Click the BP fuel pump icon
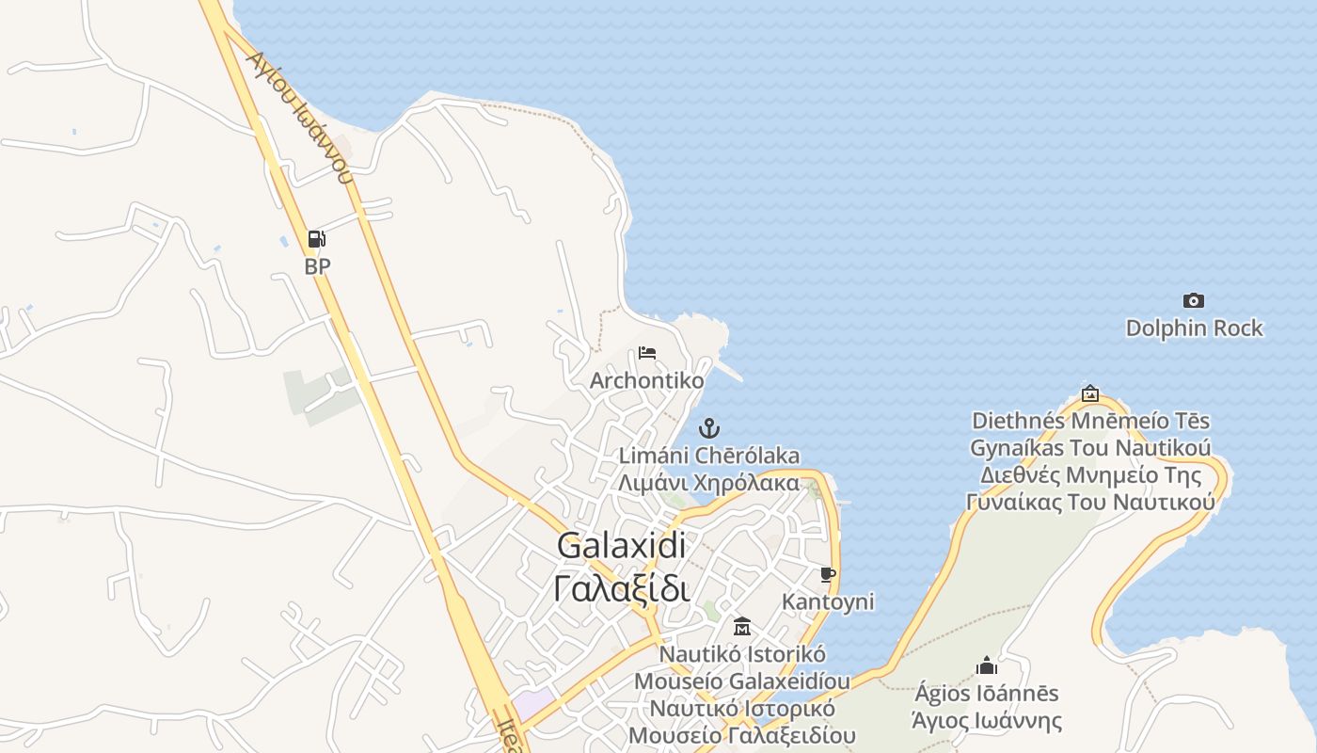click(x=317, y=239)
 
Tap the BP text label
click(x=317, y=266)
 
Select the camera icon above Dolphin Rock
click(x=1193, y=300)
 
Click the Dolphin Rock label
click(x=1194, y=328)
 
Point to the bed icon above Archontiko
click(x=646, y=353)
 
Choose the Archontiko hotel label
click(x=646, y=380)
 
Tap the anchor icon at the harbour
click(x=708, y=429)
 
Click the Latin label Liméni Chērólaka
click(x=708, y=456)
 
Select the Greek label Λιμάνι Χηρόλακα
click(x=708, y=483)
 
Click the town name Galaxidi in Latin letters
click(x=621, y=545)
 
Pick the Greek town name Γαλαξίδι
click(x=621, y=588)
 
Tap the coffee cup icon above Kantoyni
click(x=828, y=574)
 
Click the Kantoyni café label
click(x=828, y=601)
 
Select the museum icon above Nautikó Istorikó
click(x=742, y=626)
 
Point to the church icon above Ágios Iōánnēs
click(x=987, y=665)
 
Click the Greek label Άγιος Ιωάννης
click(x=987, y=721)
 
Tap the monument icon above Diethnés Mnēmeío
click(x=1090, y=393)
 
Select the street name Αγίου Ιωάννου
click(x=298, y=115)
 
